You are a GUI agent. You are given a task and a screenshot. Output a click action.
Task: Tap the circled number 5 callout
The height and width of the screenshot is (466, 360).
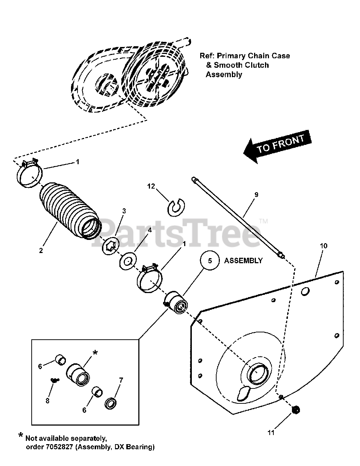(209, 261)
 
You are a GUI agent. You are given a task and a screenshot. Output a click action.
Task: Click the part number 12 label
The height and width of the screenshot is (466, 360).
(151, 186)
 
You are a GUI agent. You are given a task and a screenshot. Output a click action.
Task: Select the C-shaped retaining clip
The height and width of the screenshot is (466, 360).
(177, 206)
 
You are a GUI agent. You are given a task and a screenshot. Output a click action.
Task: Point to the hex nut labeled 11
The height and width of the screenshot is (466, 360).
(296, 410)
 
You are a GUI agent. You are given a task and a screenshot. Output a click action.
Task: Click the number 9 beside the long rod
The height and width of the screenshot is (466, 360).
(256, 195)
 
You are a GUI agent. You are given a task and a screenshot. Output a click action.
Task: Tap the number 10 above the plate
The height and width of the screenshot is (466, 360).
(323, 246)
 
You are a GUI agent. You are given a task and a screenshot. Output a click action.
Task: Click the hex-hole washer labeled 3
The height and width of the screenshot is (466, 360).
(111, 246)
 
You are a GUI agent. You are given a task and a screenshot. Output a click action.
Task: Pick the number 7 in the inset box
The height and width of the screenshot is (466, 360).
(121, 380)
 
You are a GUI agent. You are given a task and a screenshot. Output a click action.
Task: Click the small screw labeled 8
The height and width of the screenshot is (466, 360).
(55, 380)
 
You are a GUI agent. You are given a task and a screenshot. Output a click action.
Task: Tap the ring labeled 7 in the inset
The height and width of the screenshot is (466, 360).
(110, 403)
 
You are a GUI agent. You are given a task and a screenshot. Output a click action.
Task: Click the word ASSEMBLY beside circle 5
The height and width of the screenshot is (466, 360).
(243, 261)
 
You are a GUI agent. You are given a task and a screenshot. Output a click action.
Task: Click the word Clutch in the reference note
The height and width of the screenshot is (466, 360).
(256, 65)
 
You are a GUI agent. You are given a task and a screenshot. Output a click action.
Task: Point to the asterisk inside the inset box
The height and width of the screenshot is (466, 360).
(95, 353)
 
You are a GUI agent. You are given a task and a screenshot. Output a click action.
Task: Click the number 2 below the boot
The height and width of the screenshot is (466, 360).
(41, 250)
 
